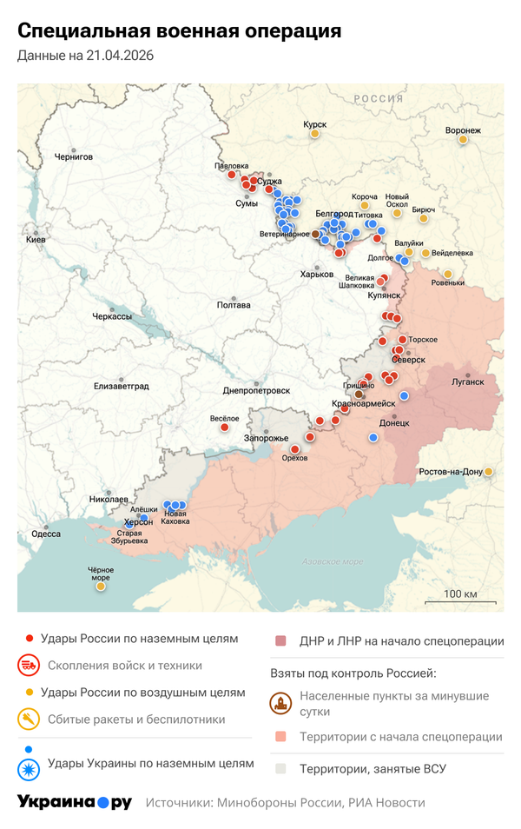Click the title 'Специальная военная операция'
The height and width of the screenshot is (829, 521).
pos(179,31)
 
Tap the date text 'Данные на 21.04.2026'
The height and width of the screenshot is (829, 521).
pos(85,56)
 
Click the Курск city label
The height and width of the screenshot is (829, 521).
pos(314,124)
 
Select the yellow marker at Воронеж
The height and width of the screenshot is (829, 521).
pos(463,139)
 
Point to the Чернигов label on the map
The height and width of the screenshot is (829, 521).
pos(73,157)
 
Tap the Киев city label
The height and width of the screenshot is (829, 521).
pos(36,239)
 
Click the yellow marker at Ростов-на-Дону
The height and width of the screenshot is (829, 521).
pos(488,471)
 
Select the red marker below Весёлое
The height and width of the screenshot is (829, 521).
pos(225,427)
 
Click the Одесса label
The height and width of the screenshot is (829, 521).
pos(46,534)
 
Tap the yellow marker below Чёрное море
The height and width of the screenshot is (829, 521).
pos(101,587)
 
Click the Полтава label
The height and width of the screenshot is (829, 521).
pos(234,305)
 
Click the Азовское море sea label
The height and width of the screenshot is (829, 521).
pos(329,562)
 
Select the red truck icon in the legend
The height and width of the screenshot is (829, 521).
pos(30,666)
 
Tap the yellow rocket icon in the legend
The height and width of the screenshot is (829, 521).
pos(30,720)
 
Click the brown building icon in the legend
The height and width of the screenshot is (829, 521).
pos(280,704)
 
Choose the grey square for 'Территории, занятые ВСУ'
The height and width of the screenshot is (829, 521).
pos(280,769)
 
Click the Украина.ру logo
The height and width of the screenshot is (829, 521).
pos(75,802)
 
